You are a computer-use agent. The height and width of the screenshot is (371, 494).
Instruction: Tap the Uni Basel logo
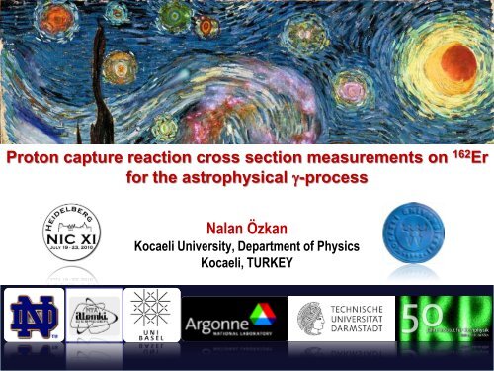point(153,325)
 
